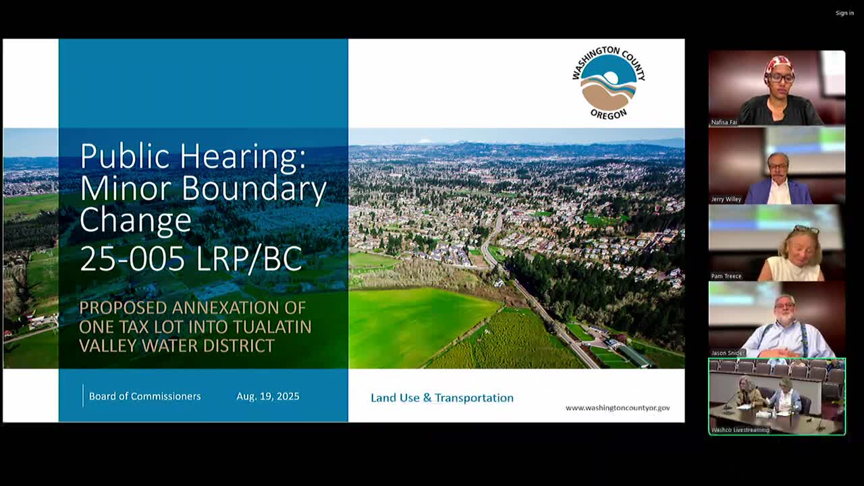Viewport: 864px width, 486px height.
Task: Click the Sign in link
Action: [x=844, y=13]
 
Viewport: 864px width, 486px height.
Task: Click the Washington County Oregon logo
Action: [x=609, y=83]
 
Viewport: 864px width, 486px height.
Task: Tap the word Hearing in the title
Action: [x=242, y=155]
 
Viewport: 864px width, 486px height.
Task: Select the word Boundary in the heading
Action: [x=254, y=189]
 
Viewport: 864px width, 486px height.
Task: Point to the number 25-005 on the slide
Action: [x=132, y=259]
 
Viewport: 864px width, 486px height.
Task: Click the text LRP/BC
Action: [x=249, y=259]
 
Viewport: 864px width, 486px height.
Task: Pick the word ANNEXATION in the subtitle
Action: [x=239, y=308]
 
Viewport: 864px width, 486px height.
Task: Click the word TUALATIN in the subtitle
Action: [x=272, y=327]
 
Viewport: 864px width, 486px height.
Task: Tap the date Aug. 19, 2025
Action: [x=268, y=396]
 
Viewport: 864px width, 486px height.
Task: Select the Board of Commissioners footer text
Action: [x=144, y=396]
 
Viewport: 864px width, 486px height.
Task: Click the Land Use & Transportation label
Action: [x=442, y=398]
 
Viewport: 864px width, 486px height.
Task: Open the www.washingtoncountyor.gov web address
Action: [x=618, y=408]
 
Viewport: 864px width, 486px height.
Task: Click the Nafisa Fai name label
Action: [x=724, y=122]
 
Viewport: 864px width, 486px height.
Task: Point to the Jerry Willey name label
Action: [x=726, y=199]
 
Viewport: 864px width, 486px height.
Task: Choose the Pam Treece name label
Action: [x=726, y=276]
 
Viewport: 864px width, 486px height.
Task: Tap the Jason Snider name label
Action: [x=727, y=353]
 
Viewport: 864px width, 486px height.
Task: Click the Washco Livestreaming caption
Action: [x=740, y=430]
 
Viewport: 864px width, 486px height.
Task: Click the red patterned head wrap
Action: [x=778, y=65]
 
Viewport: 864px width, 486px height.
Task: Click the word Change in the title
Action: [x=136, y=221]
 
